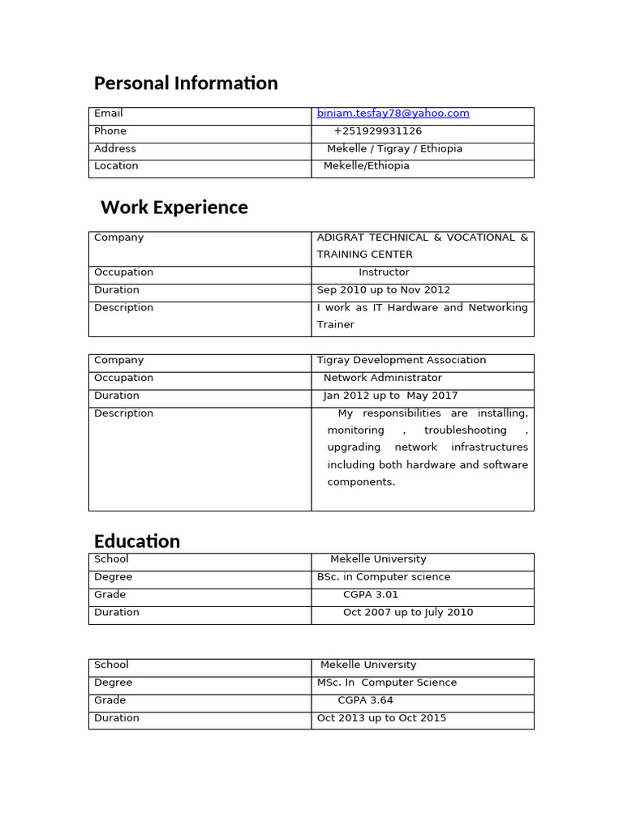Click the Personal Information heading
(186, 83)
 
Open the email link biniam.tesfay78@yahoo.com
(393, 113)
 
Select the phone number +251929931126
(377, 131)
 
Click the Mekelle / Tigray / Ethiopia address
(394, 149)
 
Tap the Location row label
(116, 166)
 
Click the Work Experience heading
(174, 207)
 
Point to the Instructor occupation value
(384, 272)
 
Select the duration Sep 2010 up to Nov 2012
(383, 290)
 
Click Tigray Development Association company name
(402, 361)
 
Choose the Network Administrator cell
(383, 379)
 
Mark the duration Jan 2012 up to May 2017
(390, 396)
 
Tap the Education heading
(137, 541)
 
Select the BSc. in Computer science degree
(383, 577)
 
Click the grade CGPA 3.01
(371, 595)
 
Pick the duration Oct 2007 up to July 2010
(408, 613)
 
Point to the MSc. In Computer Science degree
(387, 682)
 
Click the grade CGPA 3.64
(365, 700)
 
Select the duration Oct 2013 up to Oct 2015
(381, 718)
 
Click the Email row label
(109, 113)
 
